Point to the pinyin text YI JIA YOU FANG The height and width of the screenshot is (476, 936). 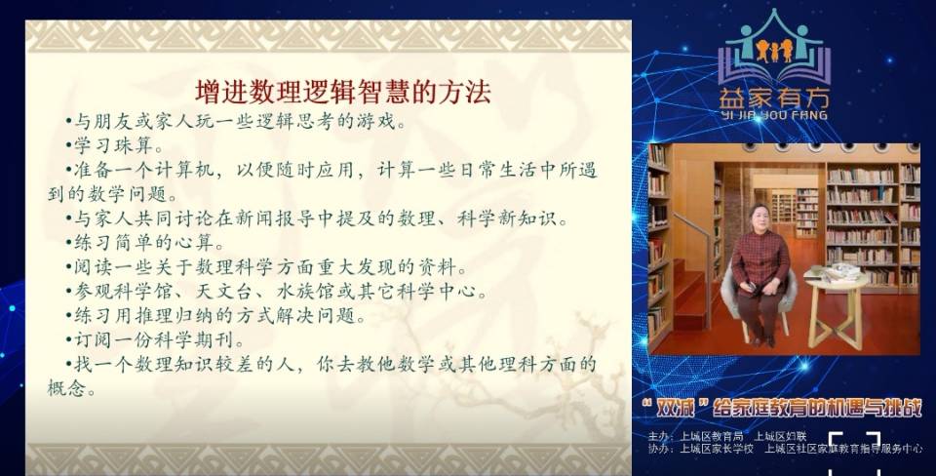(x=773, y=115)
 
